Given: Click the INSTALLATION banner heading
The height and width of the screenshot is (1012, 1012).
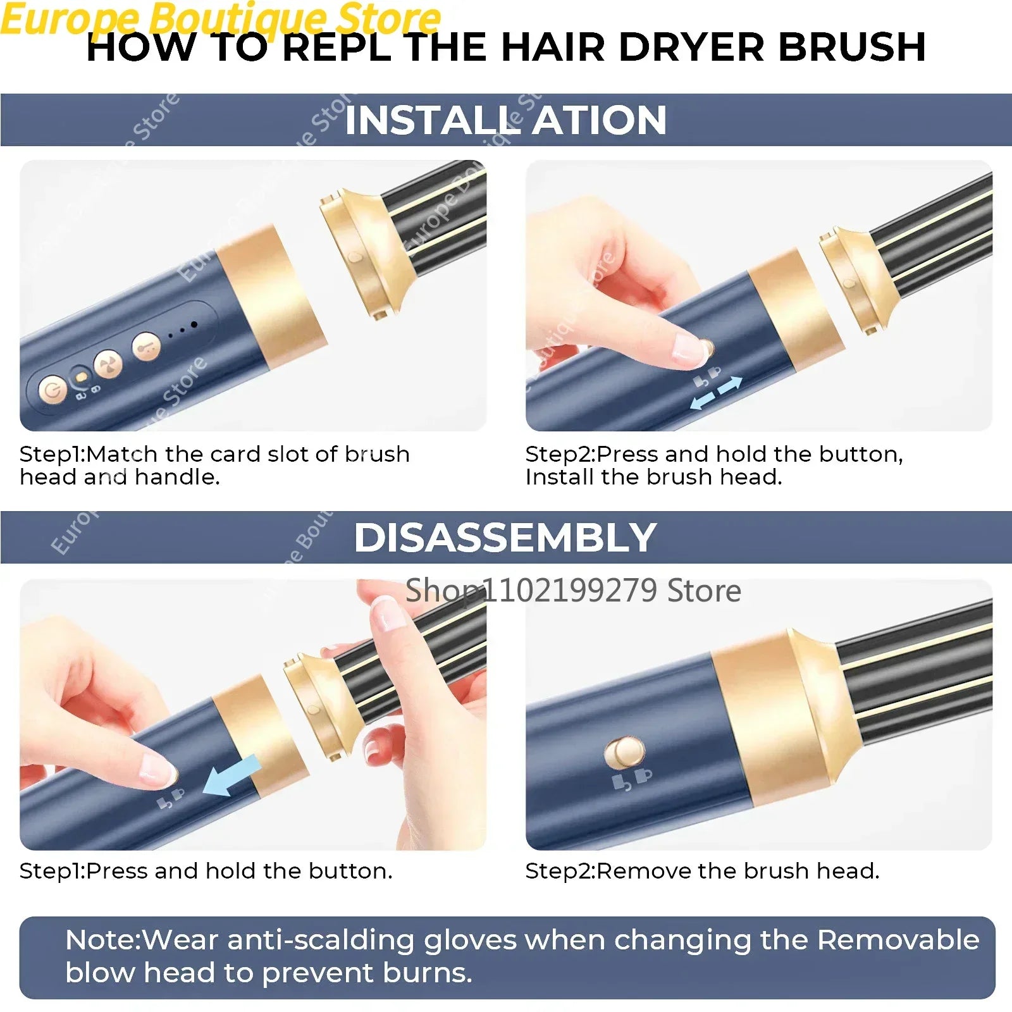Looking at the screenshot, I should (505, 120).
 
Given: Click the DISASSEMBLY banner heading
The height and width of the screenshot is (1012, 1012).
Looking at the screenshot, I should (505, 538).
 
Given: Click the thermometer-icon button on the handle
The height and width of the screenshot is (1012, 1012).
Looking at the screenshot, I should (146, 347).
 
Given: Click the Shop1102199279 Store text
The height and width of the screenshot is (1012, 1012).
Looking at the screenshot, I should (573, 591).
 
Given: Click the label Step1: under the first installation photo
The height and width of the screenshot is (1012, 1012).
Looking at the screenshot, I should (52, 454).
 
